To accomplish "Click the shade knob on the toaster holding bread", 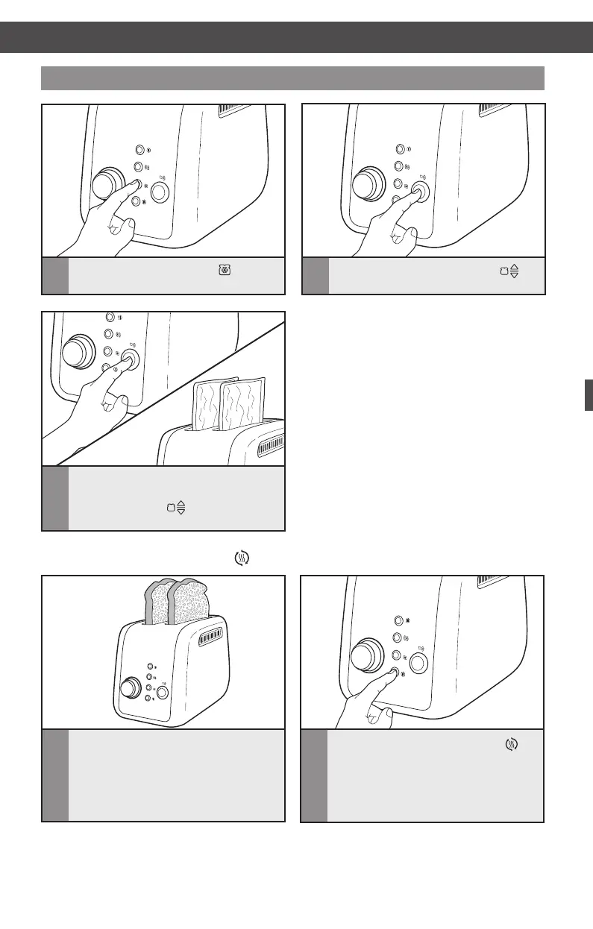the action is [x=131, y=686].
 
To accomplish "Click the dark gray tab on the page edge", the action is [x=589, y=394].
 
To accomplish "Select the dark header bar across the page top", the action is [x=296, y=37].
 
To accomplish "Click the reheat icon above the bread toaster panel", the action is [x=242, y=557].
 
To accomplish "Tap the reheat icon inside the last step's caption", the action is [x=511, y=744].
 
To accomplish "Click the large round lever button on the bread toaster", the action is [x=162, y=691].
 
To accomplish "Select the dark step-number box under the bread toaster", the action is [x=54, y=775].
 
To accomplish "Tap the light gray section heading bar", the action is [x=292, y=78].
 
